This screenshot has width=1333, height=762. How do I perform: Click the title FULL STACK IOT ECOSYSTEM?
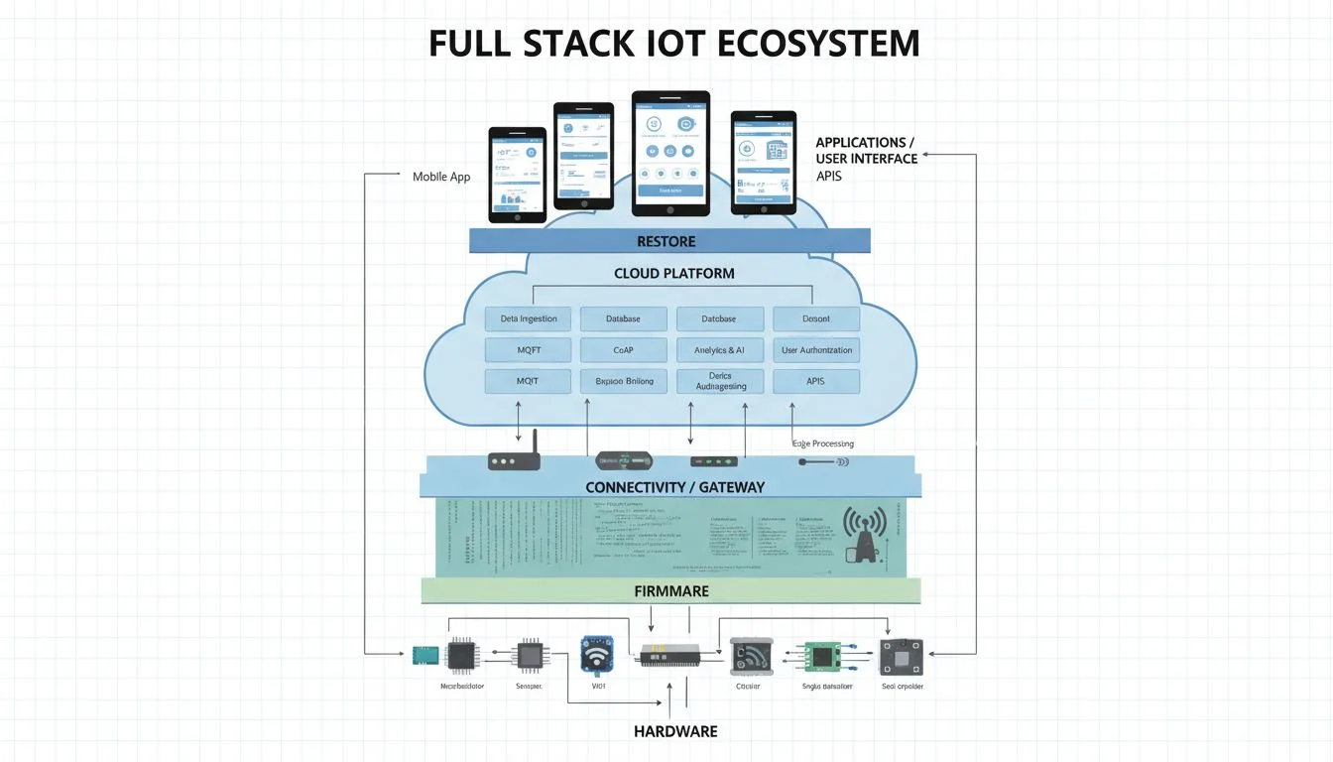[673, 45]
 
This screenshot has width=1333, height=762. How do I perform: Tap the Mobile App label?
[441, 177]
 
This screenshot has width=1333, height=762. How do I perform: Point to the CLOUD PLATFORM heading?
[673, 273]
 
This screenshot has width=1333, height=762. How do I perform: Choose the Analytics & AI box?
[720, 349]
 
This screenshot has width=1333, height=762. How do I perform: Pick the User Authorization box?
[816, 349]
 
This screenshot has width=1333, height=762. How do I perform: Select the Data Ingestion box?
[528, 318]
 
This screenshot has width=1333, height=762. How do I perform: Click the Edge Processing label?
[823, 444]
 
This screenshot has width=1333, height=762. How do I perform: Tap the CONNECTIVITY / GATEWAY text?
[674, 487]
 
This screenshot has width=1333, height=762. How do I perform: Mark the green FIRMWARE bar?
[670, 591]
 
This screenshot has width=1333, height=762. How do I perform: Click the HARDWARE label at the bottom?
[674, 731]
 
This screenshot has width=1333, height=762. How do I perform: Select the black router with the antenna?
[514, 458]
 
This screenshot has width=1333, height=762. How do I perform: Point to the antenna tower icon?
[863, 536]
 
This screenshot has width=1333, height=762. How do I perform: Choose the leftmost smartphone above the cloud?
[517, 175]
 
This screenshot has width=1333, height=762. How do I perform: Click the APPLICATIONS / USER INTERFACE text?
[866, 151]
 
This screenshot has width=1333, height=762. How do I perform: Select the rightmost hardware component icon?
[901, 657]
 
